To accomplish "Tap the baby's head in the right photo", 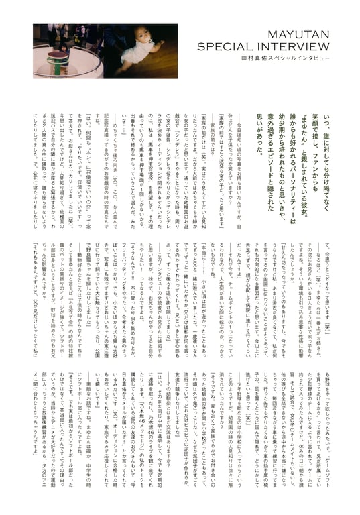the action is [x=152, y=40].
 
